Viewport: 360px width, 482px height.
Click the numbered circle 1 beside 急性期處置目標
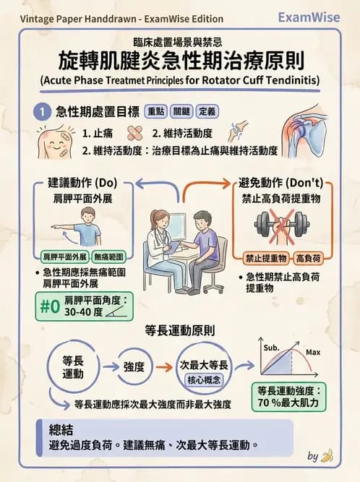point(43,112)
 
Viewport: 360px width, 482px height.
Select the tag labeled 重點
point(156,112)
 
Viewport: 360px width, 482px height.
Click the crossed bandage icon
point(135,134)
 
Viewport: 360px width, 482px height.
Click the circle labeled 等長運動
point(73,367)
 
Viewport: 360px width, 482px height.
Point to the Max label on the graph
point(313,353)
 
